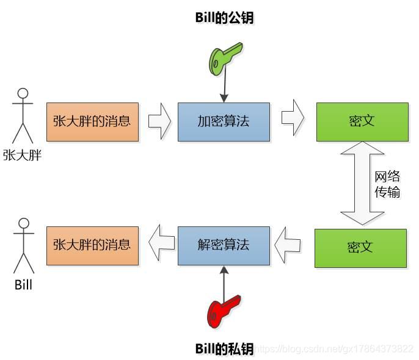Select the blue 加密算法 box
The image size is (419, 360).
pos(224,121)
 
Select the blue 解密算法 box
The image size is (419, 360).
pos(224,245)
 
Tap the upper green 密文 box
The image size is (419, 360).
pos(362,121)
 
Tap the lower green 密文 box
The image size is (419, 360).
pos(360,248)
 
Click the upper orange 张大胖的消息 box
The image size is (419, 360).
pos(92,121)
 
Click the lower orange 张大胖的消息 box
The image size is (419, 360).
pos(92,245)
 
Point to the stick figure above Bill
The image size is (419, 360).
pos(23,243)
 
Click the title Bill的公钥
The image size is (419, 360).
pos(224,18)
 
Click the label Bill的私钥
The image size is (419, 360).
pos(224,348)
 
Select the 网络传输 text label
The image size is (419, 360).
pos(387,184)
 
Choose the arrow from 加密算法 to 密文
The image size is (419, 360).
pos(293,120)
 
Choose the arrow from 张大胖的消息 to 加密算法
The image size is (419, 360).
pos(160,121)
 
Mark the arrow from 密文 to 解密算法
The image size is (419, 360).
pos(286,245)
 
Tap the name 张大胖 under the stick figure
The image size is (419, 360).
pos(22,155)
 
